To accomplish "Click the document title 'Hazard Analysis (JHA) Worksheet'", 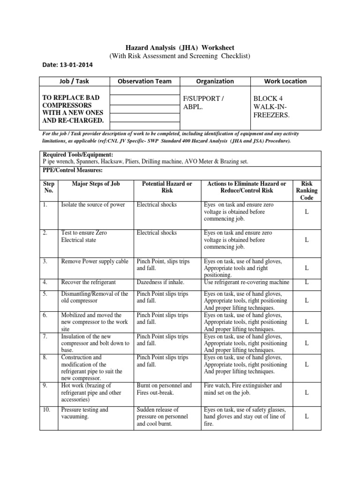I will pyautogui.click(x=180, y=48).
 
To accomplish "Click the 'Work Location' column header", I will pyautogui.click(x=285, y=81).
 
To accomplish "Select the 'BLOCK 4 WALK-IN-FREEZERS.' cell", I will pyautogui.click(x=271, y=106).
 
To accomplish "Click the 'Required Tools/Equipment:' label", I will pyautogui.click(x=77, y=155).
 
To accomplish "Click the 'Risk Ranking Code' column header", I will pyautogui.click(x=306, y=190).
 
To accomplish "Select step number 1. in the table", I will pyautogui.click(x=46, y=205).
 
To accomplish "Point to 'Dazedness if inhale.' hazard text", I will pyautogui.click(x=160, y=282).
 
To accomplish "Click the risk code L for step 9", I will pyautogui.click(x=306, y=392).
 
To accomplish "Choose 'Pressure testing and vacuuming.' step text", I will pyautogui.click(x=85, y=413).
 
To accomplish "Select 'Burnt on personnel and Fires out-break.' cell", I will pyautogui.click(x=164, y=389).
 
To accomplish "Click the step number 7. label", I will pyautogui.click(x=46, y=337).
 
